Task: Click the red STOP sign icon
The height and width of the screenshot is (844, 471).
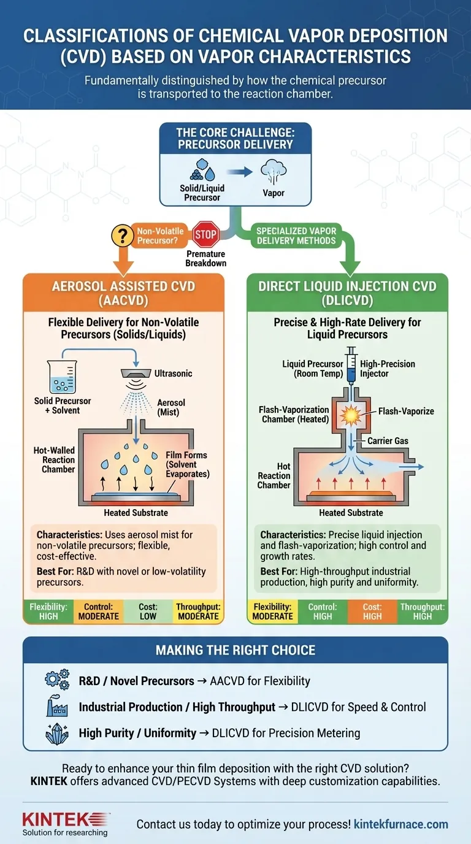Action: [205, 235]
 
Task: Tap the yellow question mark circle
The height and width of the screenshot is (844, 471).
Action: [123, 236]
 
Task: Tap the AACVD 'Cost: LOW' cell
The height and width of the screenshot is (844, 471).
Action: [148, 611]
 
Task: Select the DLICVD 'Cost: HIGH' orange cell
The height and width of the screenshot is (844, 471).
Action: [372, 611]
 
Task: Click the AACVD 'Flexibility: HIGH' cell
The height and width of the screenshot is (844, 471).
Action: [48, 611]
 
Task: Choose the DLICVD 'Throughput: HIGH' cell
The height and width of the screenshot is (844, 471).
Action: [422, 611]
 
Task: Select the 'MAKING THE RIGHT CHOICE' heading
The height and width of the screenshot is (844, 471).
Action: [235, 650]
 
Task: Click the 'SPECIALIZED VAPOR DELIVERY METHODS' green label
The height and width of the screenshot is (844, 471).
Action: [296, 236]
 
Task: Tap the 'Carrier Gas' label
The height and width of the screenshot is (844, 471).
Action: [388, 440]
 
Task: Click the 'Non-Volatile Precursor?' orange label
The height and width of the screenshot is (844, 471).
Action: [160, 236]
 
